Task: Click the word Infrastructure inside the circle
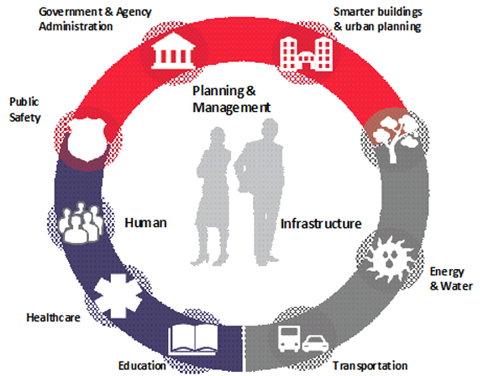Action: click(321, 224)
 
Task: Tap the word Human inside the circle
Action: click(146, 223)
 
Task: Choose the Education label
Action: click(142, 366)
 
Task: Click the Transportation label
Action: click(370, 366)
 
